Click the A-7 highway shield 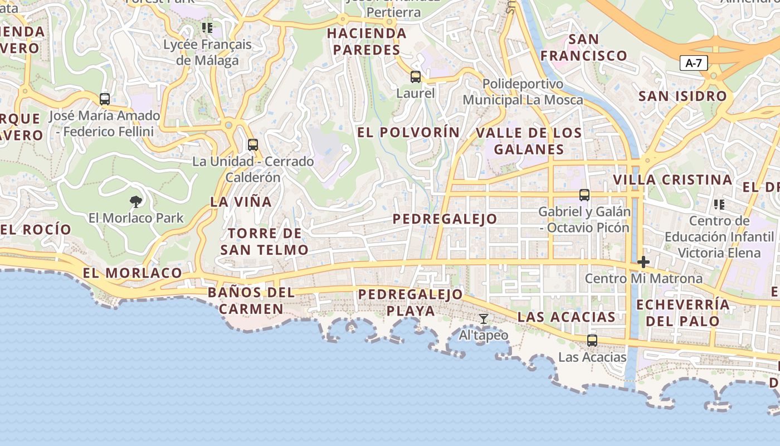click(x=694, y=63)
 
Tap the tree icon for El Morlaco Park click(x=135, y=201)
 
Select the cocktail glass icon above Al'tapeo click(x=484, y=319)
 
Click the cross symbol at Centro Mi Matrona click(x=643, y=261)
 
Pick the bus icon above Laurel click(x=416, y=77)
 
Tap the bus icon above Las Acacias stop click(x=592, y=340)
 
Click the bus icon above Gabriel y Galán click(x=584, y=195)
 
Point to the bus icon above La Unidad click(x=253, y=145)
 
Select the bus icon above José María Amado click(x=105, y=99)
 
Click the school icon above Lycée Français click(x=207, y=27)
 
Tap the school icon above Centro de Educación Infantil click(x=719, y=205)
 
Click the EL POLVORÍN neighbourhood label click(x=408, y=133)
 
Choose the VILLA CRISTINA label click(x=672, y=180)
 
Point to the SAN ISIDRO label click(x=682, y=96)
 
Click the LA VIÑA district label click(x=241, y=202)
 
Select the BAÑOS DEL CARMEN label click(x=251, y=300)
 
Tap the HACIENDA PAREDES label click(x=366, y=41)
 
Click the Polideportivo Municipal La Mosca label click(x=523, y=92)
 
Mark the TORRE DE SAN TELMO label click(x=264, y=241)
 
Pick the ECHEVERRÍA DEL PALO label click(x=682, y=313)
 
